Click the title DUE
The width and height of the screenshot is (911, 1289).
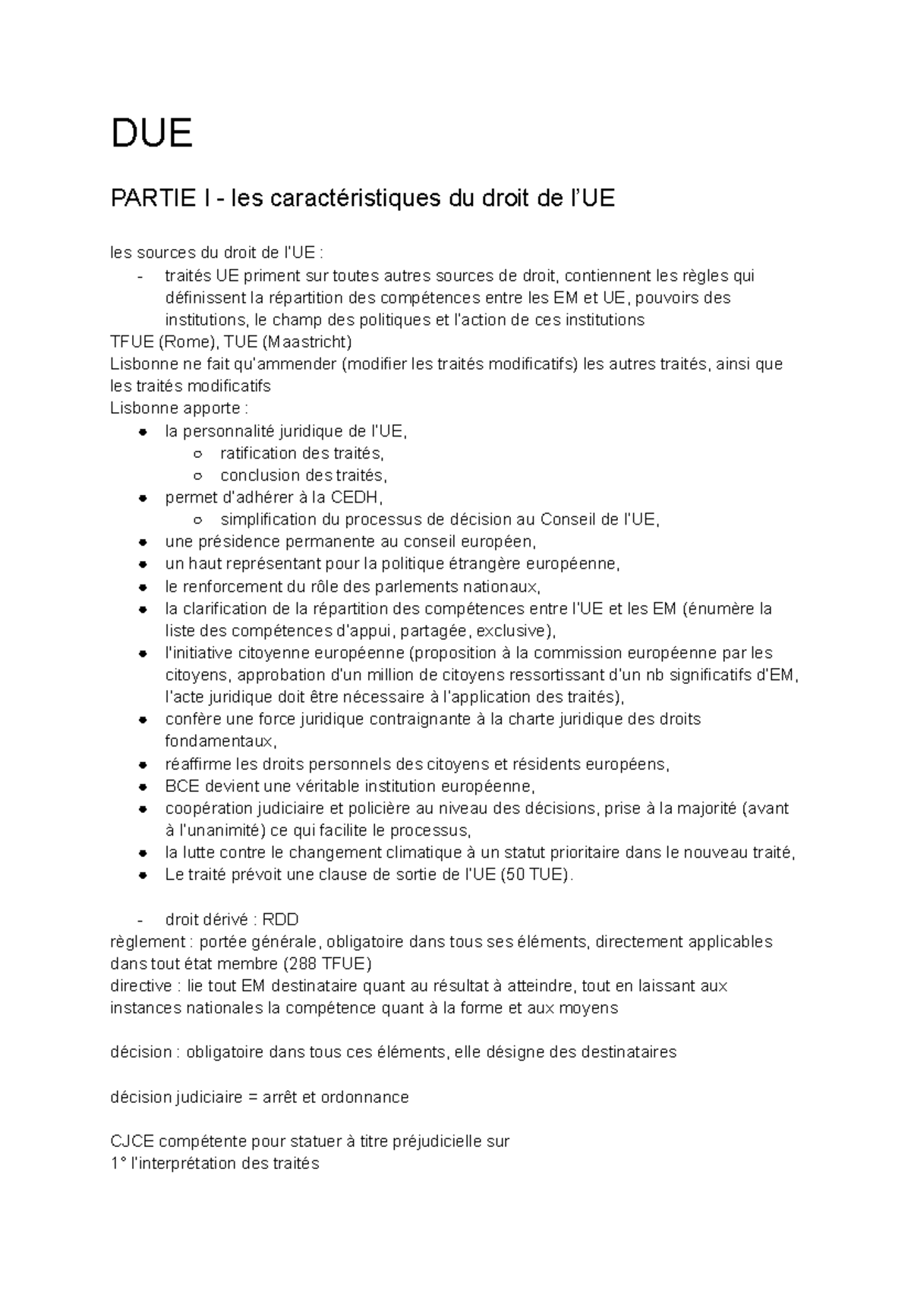point(152,134)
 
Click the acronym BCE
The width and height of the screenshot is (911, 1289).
point(181,786)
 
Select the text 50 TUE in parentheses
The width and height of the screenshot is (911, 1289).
point(534,875)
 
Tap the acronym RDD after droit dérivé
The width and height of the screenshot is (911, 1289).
point(282,920)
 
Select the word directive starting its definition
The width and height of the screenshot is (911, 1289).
point(140,986)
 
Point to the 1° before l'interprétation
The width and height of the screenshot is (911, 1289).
point(118,1163)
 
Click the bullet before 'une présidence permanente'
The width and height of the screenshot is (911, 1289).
point(143,543)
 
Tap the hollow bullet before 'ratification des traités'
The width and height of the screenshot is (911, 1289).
point(198,454)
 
